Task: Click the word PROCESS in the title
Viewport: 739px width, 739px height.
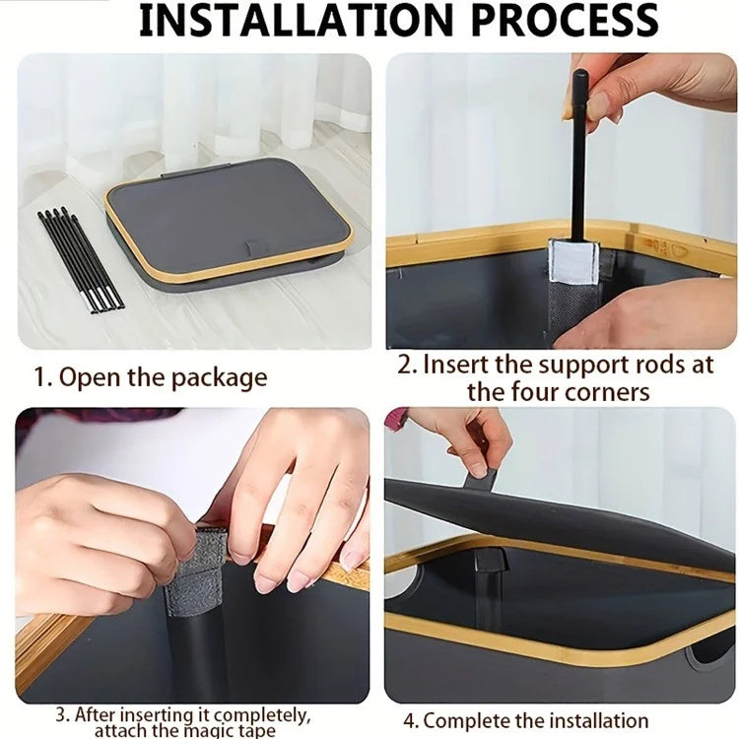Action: tap(565, 21)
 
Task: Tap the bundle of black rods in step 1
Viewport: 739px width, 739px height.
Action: tap(80, 260)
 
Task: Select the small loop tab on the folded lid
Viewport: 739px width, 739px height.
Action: tap(253, 246)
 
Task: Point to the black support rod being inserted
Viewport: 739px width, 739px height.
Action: tap(577, 156)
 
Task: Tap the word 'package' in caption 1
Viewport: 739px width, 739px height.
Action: tap(219, 378)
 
